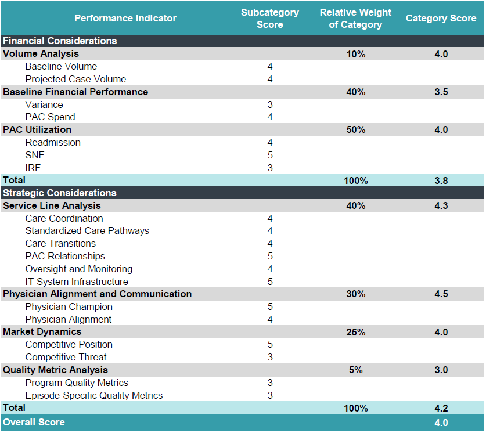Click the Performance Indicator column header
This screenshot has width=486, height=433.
coord(125,18)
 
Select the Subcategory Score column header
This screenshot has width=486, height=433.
coord(270,18)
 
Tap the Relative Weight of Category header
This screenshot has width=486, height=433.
coord(355,18)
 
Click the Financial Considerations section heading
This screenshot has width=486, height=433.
coord(60,41)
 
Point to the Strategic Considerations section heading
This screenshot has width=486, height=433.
coord(60,193)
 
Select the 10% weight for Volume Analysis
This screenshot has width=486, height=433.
coord(355,54)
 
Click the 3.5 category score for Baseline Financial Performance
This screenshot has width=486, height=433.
coord(441,92)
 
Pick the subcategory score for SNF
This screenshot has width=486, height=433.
coord(270,155)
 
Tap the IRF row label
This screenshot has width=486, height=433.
coord(33,168)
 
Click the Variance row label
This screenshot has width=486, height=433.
coord(44,104)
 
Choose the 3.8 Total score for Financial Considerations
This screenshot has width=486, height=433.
coord(441,181)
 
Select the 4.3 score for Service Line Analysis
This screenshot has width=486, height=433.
coord(441,205)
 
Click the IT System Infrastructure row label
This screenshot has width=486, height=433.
coord(77,282)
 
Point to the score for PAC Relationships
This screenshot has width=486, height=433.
coord(270,256)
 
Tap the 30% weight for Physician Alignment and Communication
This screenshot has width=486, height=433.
coord(355,294)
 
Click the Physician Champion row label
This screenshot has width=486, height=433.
coord(69,306)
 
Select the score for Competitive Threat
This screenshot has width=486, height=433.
coord(270,357)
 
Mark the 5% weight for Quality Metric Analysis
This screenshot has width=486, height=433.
coord(355,370)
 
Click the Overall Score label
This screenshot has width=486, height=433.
coord(34,422)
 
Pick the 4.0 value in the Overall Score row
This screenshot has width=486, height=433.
coord(441,423)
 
